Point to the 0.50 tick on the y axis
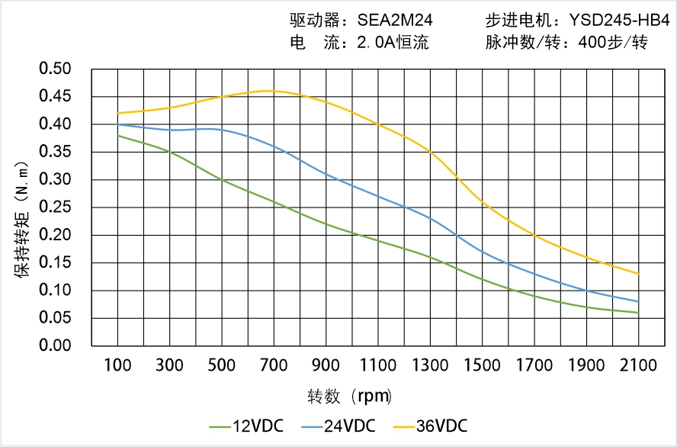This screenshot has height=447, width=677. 55,69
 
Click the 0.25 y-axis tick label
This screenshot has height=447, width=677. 55,207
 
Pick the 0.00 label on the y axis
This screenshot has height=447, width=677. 55,346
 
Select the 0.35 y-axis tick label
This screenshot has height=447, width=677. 55,153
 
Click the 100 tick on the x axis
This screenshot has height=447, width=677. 118,365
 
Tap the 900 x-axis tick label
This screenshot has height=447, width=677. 326,365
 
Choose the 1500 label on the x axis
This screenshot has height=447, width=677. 482,365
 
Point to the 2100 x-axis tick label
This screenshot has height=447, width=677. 638,365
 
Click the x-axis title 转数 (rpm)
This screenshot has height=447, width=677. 350,397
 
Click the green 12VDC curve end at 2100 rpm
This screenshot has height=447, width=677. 638,313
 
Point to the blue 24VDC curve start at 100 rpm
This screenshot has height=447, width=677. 118,124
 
